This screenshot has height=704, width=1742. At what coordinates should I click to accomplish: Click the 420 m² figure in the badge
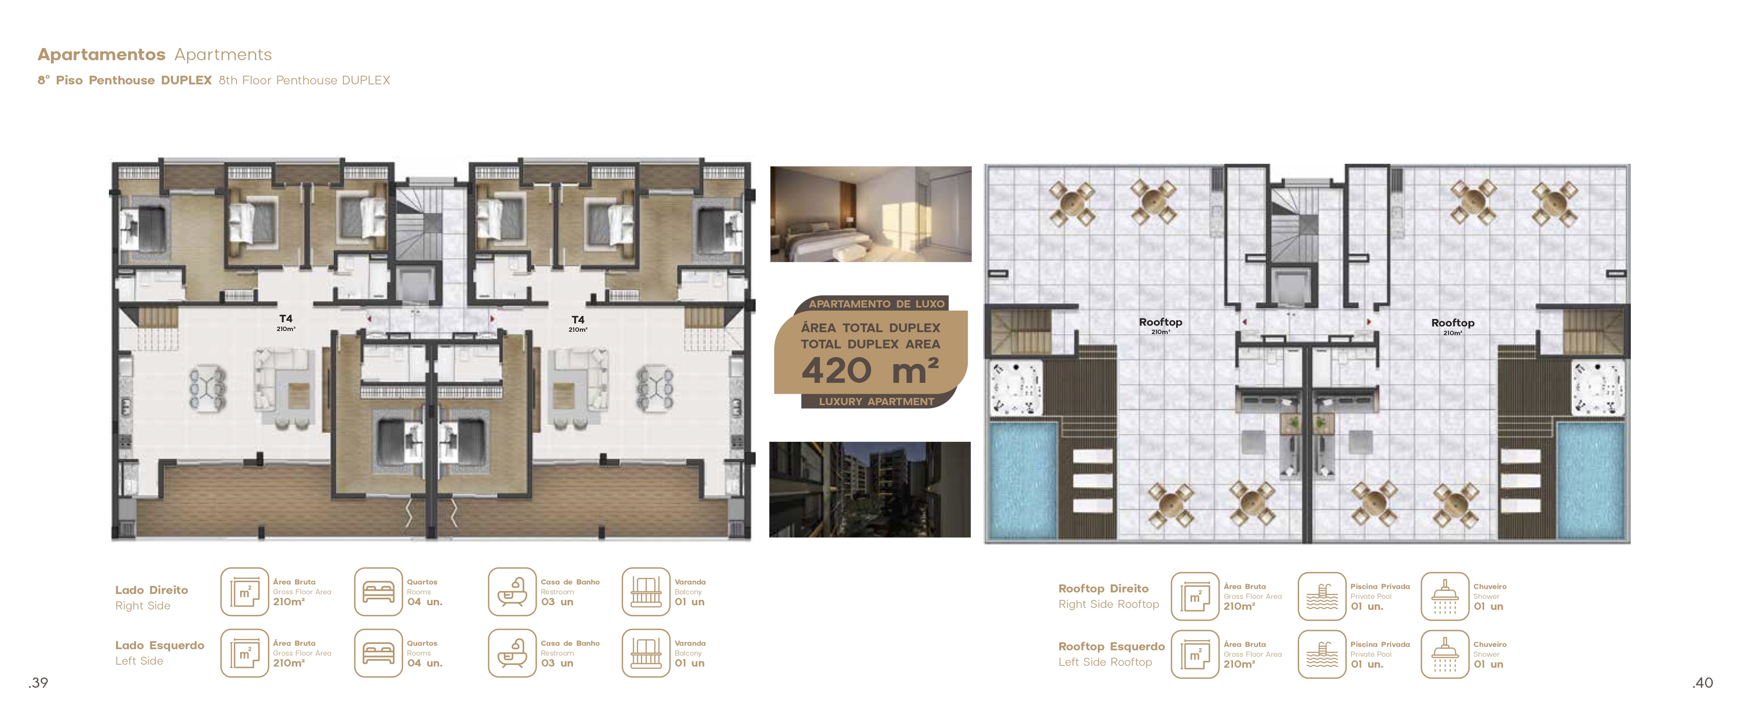tap(870, 371)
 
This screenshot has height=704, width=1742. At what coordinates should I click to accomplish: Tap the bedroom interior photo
tap(870, 214)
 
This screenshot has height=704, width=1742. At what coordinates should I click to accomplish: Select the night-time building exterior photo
tap(869, 490)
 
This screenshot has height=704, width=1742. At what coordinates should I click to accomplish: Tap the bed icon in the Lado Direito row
tap(379, 592)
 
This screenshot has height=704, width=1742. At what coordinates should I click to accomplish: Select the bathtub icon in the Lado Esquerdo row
tap(512, 653)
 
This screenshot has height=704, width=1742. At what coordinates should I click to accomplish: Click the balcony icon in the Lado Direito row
tap(646, 592)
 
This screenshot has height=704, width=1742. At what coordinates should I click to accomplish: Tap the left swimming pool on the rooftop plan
tap(1023, 480)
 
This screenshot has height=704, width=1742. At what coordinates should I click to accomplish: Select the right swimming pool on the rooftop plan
tap(1590, 480)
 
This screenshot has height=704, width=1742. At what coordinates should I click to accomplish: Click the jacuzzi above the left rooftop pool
tap(1016, 389)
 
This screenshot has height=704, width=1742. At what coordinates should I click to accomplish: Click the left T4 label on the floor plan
tap(286, 319)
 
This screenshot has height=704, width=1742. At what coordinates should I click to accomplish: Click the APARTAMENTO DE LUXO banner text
tap(876, 304)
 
